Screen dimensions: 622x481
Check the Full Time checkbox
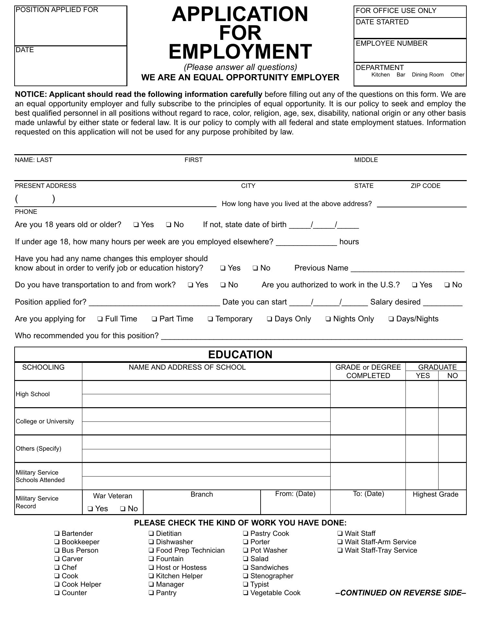pyautogui.click(x=100, y=319)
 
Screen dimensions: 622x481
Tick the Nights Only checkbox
pyautogui.click(x=328, y=319)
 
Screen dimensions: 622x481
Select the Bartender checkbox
pyautogui.click(x=57, y=534)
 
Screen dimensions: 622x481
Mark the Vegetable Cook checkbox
pyautogui.click(x=246, y=593)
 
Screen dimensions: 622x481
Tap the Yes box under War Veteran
pyautogui.click(x=90, y=509)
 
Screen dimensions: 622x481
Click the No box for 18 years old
pyautogui.click(x=169, y=225)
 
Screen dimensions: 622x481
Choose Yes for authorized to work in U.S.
pyautogui.click(x=415, y=285)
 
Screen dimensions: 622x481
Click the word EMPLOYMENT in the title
pyautogui.click(x=240, y=52)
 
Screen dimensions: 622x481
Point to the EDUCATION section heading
pyautogui.click(x=240, y=355)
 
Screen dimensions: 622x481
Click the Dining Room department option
pyautogui.click(x=428, y=75)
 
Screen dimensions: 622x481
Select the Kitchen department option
pyautogui.click(x=380, y=75)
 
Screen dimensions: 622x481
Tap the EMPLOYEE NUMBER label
pyautogui.click(x=392, y=43)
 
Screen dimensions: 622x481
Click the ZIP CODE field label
pyautogui.click(x=425, y=186)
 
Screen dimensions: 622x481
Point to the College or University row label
pyautogui.click(x=45, y=421)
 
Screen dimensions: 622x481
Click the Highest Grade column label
pyautogui.click(x=435, y=495)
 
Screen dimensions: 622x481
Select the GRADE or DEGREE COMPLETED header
pyautogui.click(x=368, y=372)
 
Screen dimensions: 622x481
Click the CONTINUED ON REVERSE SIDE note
pyautogui.click(x=401, y=593)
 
